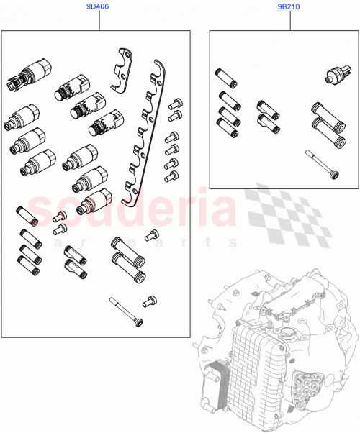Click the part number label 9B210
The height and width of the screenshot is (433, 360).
click(x=290, y=6)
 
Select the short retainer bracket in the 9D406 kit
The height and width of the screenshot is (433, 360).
click(x=124, y=69)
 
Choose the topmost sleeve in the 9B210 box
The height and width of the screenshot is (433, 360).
click(x=221, y=76)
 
